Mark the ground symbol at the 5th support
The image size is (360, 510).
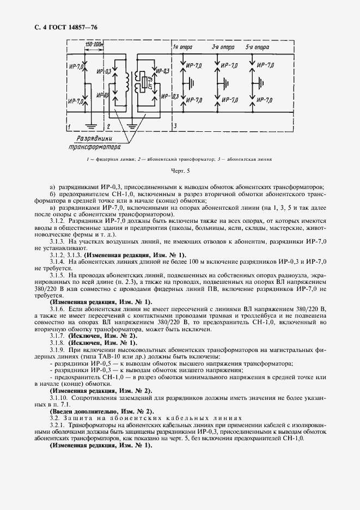(261, 83)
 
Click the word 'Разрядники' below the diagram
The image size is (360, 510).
(89, 138)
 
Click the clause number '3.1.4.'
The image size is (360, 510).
(60, 262)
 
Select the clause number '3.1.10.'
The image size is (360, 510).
(62, 399)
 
